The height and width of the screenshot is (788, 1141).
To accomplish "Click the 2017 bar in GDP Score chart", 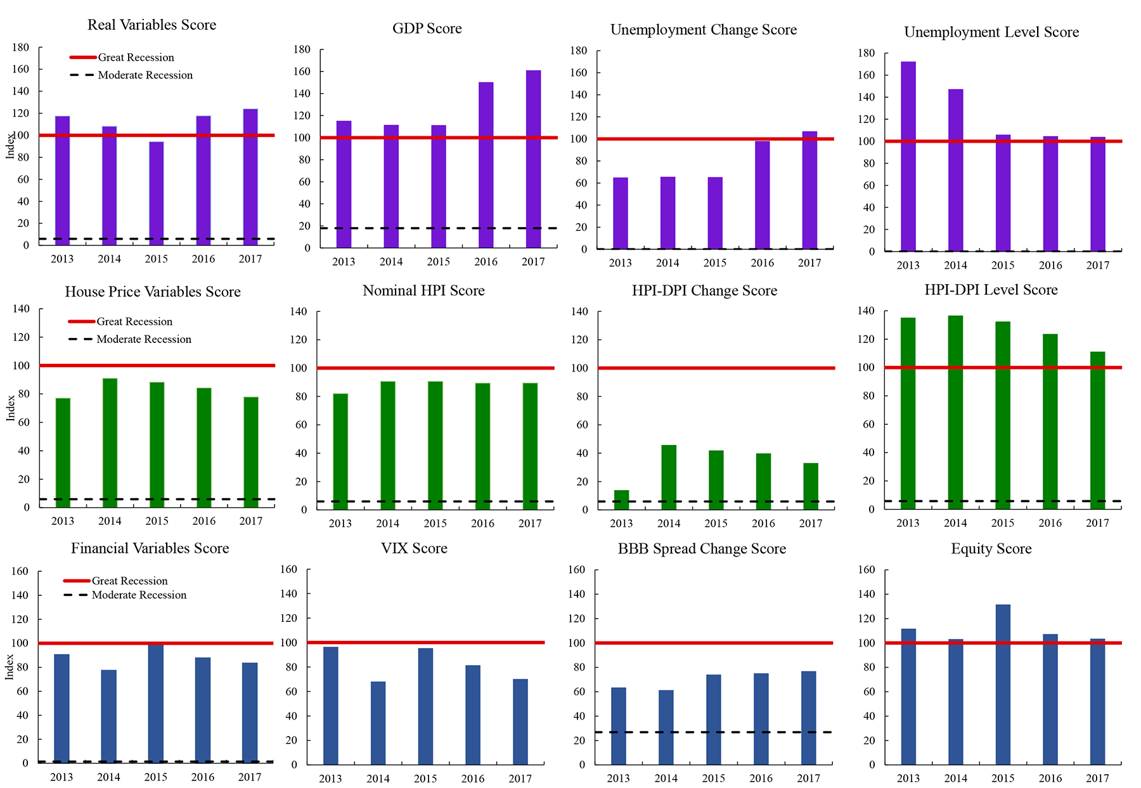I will point(533,158).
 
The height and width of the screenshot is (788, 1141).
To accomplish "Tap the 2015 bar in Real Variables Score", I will point(156,193).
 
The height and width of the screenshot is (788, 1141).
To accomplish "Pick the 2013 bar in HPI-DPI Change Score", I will point(621,500).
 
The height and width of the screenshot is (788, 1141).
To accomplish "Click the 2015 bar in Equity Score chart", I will point(1003,685).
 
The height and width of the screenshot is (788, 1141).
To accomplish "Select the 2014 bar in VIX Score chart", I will point(378,723).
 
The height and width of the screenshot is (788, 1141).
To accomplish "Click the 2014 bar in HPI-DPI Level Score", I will point(955,412).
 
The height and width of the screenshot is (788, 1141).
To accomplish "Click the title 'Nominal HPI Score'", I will point(423,290).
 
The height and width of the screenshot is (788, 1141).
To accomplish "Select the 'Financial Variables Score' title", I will point(150,548).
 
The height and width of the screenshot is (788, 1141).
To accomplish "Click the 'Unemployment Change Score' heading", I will point(703,30).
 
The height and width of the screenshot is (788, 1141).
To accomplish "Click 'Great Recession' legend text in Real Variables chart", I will point(136,58).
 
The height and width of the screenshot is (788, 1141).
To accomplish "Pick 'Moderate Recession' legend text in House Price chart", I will point(144,339).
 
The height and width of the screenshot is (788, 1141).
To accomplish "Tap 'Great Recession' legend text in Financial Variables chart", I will point(129,581).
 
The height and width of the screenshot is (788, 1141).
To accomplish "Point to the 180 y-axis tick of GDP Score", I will point(302,49).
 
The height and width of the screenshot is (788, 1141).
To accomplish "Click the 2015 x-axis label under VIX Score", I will point(425,778).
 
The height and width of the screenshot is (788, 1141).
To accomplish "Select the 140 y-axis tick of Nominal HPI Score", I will point(298,311).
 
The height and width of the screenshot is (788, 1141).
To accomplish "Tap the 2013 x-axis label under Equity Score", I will point(908,778).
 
